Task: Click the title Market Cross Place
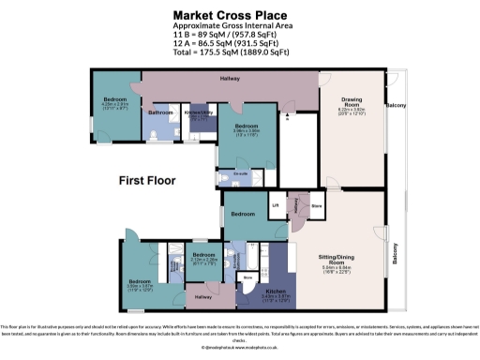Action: point(240,14)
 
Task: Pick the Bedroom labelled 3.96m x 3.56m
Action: point(246,127)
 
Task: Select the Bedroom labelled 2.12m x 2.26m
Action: point(204,256)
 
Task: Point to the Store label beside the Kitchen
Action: point(247,278)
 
